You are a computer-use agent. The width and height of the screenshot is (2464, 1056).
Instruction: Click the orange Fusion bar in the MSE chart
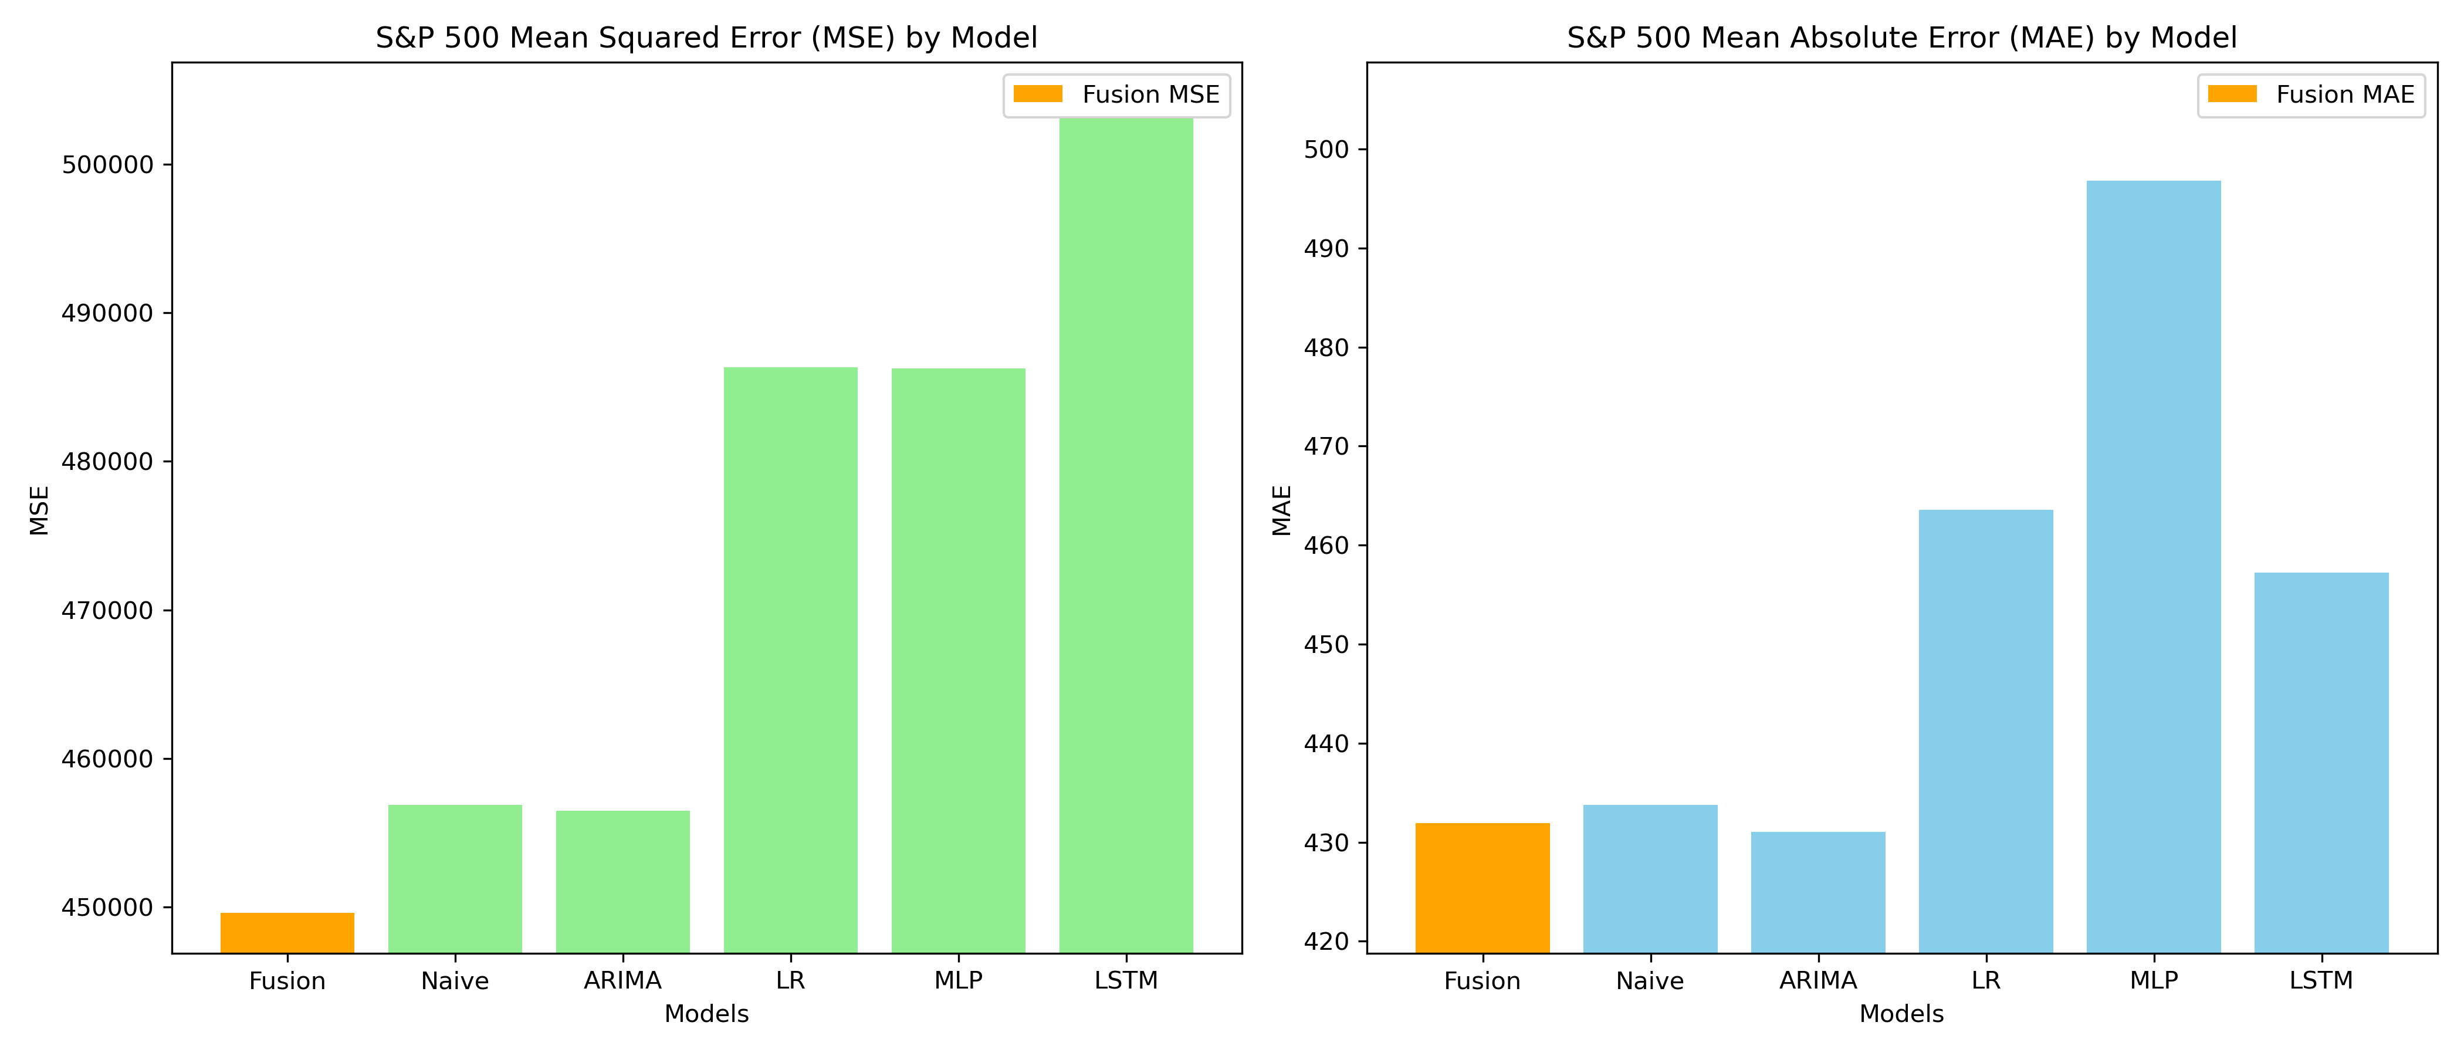pyautogui.click(x=287, y=933)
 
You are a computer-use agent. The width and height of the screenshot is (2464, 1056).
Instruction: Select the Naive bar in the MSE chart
pyautogui.click(x=455, y=879)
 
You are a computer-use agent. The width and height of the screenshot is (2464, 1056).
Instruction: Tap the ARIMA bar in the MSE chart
pyautogui.click(x=622, y=882)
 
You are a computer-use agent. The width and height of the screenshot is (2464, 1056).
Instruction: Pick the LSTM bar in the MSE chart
pyautogui.click(x=1126, y=536)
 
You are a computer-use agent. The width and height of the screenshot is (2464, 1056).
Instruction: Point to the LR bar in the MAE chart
pyautogui.click(x=1986, y=732)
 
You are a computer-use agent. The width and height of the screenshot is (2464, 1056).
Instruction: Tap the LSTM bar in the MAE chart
pyautogui.click(x=2321, y=763)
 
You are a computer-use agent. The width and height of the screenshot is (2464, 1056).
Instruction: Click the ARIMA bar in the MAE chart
pyautogui.click(x=1818, y=892)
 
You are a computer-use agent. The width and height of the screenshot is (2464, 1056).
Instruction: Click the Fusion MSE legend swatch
pyautogui.click(x=1038, y=94)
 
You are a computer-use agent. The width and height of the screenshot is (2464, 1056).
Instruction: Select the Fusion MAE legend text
pyautogui.click(x=2345, y=94)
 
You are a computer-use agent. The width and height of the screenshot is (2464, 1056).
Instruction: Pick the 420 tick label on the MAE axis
pyautogui.click(x=1326, y=942)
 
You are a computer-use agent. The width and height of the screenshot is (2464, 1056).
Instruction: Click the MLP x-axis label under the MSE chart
pyautogui.click(x=959, y=980)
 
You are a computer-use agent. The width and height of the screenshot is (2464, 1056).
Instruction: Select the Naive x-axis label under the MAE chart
pyautogui.click(x=1650, y=980)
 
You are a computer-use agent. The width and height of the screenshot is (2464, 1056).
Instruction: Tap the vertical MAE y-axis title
pyautogui.click(x=1282, y=510)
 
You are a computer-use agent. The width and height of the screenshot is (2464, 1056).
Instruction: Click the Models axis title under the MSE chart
pyautogui.click(x=707, y=1014)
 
